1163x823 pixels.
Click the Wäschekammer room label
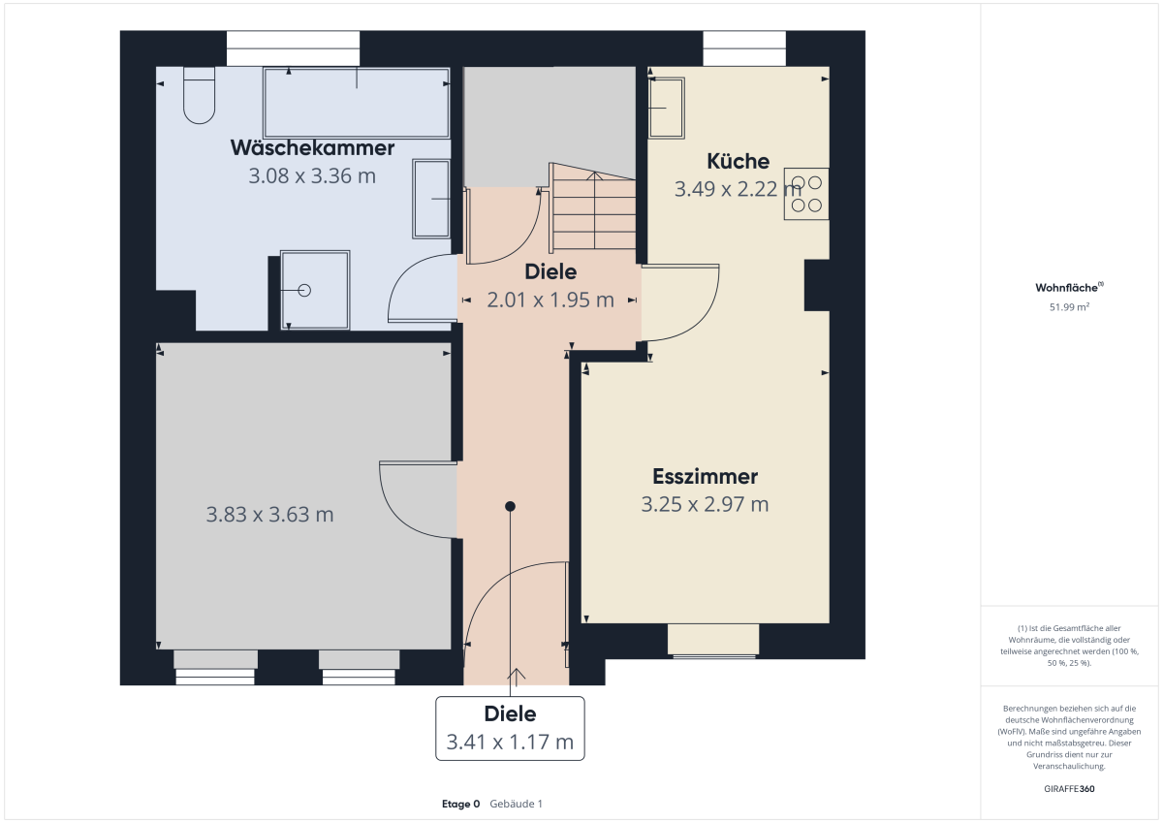coord(312,148)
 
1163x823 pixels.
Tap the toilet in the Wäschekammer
coord(199,96)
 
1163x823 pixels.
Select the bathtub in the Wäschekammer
coord(357,103)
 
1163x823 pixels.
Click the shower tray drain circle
coord(304,290)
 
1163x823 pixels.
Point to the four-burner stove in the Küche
coord(805,194)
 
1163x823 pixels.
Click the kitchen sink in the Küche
coord(666,108)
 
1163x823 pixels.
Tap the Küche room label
coord(738,162)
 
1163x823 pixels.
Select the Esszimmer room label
coord(705,477)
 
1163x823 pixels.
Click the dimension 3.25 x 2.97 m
coord(705,504)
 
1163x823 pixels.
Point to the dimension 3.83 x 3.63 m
coord(269,515)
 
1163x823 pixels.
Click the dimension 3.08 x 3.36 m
coord(311,176)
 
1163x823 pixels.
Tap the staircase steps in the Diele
coord(593,206)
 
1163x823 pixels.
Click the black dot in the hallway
coord(510,506)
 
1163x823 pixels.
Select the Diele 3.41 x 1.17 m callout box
coord(510,729)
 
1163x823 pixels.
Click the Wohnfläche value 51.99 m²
coord(1069,307)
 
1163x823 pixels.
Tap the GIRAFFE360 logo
coord(1069,789)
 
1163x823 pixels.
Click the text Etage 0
coord(460,804)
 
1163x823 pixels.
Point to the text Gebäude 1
coord(516,804)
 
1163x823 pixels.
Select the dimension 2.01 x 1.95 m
coord(550,301)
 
